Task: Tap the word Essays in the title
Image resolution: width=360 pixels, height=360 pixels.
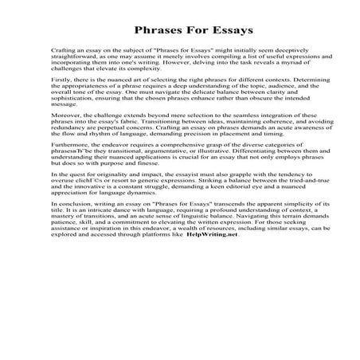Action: (x=213, y=29)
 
